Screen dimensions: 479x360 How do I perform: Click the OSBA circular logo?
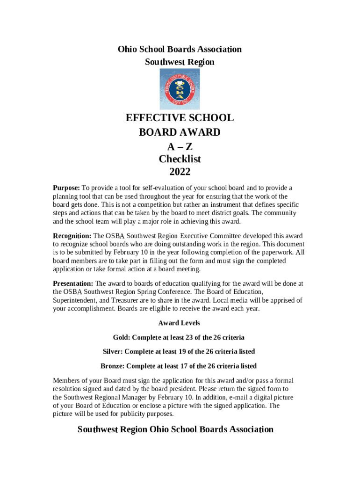[180, 89]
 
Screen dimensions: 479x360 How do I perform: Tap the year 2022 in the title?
[180, 172]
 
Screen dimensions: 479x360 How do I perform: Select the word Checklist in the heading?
[180, 159]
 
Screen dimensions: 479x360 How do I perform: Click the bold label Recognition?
[72, 236]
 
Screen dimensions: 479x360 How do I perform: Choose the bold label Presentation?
[73, 283]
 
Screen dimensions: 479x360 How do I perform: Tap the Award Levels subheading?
[179, 323]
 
